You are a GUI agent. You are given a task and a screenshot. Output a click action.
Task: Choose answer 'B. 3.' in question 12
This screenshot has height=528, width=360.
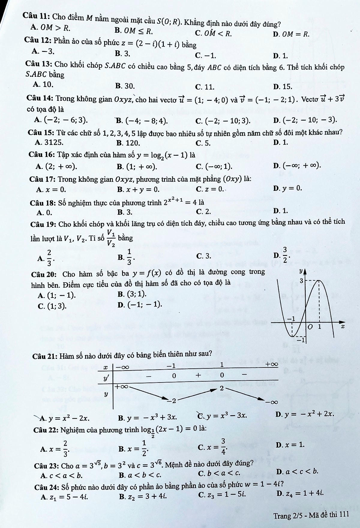pyautogui.click(x=122, y=54)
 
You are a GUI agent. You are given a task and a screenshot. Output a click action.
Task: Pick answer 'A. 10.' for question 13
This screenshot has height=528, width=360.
pyautogui.click(x=43, y=85)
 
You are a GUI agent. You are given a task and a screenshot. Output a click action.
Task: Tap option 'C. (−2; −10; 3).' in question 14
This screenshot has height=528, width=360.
pyautogui.click(x=223, y=121)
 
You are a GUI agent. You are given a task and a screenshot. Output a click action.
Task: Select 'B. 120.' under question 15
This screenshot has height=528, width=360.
pyautogui.click(x=128, y=143)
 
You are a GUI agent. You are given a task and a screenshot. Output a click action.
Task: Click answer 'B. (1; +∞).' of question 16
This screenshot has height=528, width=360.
pyautogui.click(x=137, y=166)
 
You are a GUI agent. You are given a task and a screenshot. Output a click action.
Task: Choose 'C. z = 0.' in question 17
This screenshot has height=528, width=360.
pyautogui.click(x=210, y=189)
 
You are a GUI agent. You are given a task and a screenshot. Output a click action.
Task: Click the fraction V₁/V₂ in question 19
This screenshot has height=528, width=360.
pyautogui.click(x=111, y=238)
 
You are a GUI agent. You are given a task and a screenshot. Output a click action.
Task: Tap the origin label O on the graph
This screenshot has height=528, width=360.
pyautogui.click(x=310, y=326)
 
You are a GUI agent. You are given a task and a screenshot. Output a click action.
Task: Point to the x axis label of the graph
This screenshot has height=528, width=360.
pyautogui.click(x=342, y=326)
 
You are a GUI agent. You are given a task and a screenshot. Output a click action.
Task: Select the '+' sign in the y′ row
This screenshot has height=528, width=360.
pyautogui.click(x=198, y=375)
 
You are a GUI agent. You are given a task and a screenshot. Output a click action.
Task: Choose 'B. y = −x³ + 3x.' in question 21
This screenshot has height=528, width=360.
pyautogui.click(x=147, y=417)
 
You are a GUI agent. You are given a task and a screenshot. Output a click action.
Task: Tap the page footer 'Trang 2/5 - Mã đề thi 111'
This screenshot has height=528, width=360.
pyautogui.click(x=311, y=515)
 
